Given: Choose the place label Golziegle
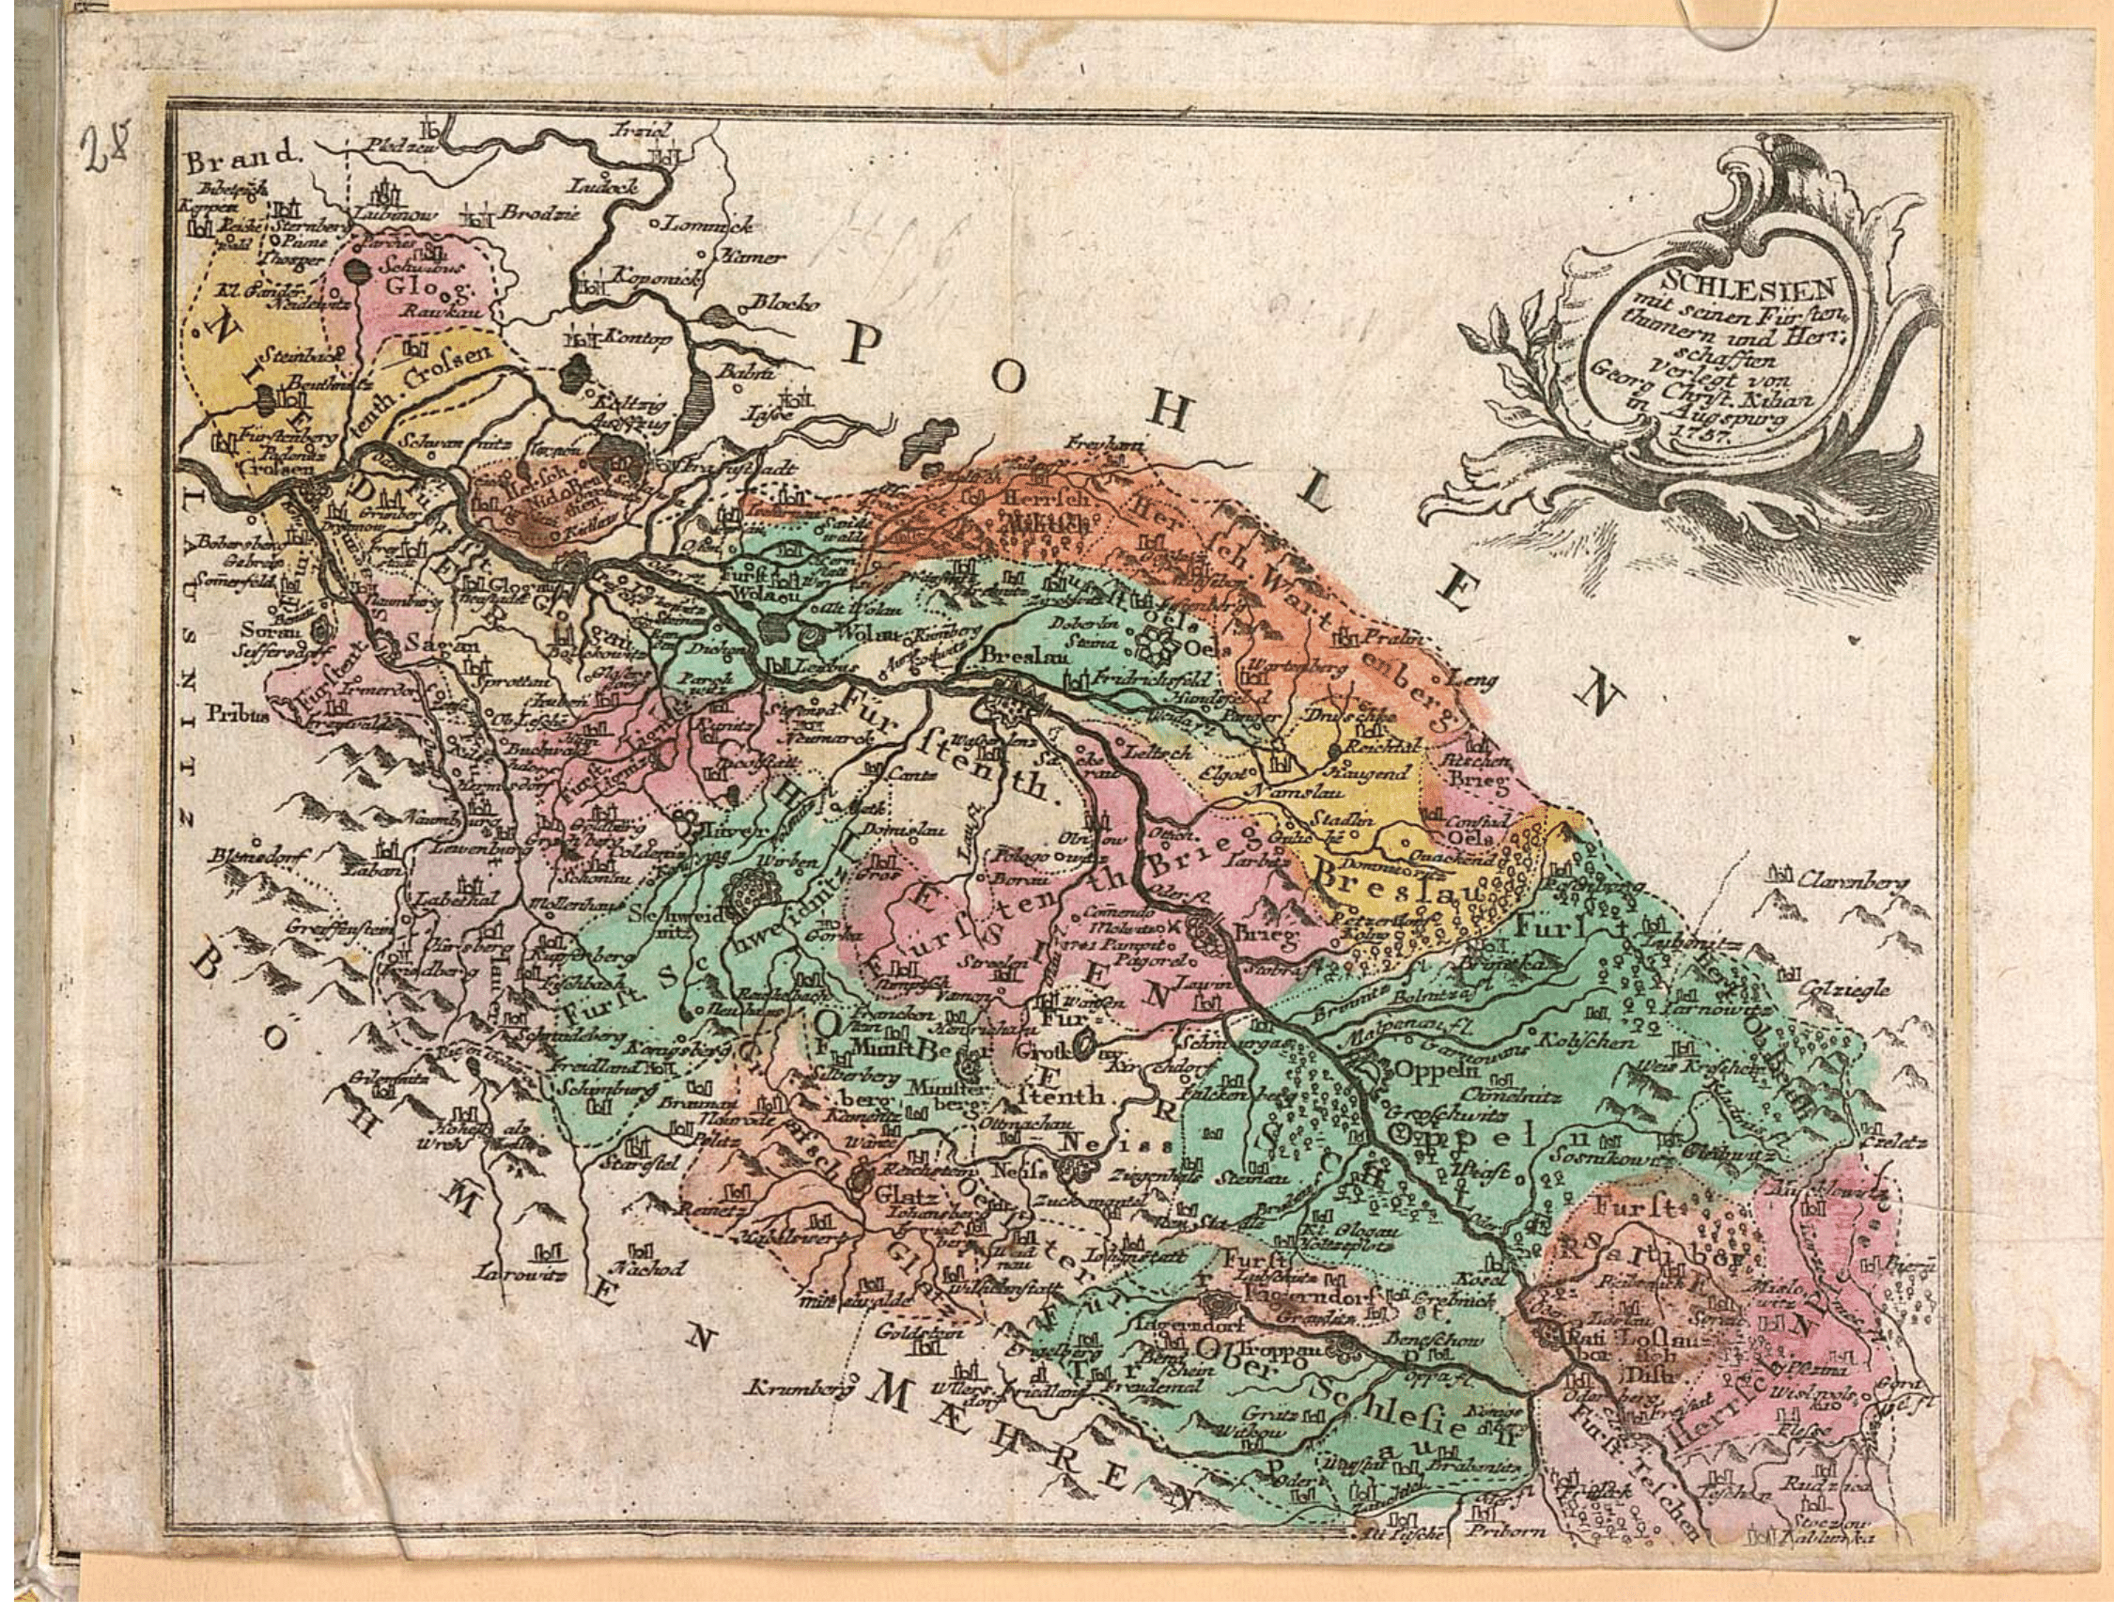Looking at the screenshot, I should [x=1841, y=989].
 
